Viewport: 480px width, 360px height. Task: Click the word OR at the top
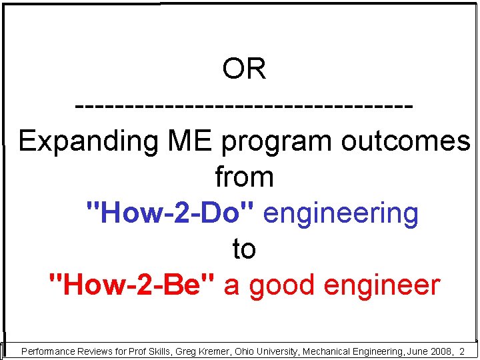point(244,69)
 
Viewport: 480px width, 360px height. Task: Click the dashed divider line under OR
point(244,106)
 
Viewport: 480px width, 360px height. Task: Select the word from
point(244,177)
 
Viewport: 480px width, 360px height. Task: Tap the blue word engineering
point(341,213)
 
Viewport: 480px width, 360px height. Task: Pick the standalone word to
point(244,249)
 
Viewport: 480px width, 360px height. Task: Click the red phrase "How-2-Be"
point(133,285)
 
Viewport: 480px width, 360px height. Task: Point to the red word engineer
point(382,285)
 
